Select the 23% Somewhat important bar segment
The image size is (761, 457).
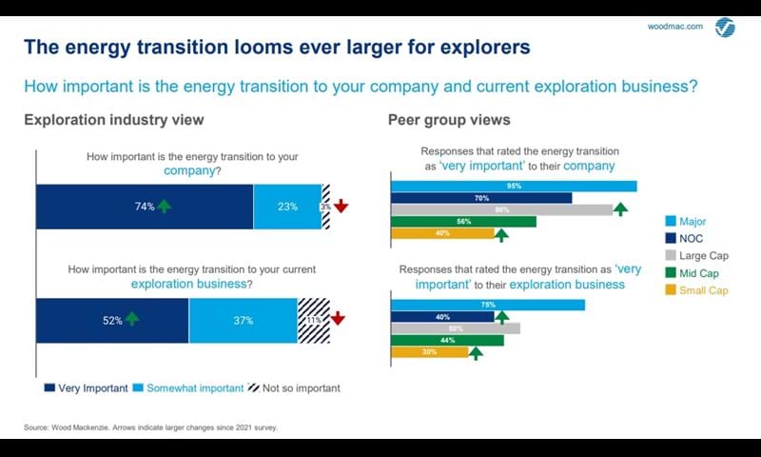(287, 207)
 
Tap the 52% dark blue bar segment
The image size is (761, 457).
(112, 320)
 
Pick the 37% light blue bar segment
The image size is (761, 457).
(243, 320)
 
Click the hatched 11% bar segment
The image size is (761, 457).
(313, 320)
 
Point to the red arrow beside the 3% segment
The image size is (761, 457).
(341, 206)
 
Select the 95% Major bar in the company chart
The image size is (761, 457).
(514, 186)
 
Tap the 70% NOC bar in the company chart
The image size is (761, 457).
(481, 198)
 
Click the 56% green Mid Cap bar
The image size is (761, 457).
(463, 222)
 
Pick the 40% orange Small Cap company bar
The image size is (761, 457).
(442, 234)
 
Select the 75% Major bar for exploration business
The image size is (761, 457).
(487, 305)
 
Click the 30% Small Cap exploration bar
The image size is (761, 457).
(430, 352)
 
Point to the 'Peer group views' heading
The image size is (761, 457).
(449, 120)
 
